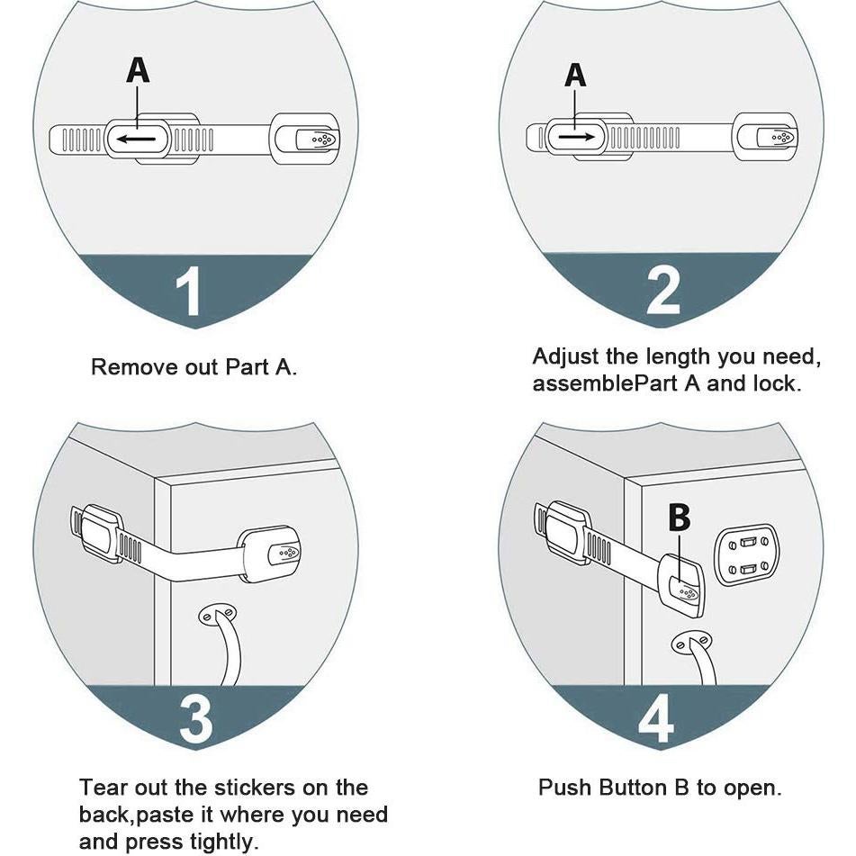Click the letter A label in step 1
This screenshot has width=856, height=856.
(137, 70)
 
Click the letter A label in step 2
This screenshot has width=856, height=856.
(575, 76)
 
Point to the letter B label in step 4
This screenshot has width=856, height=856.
(680, 518)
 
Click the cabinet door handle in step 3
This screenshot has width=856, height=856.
(221, 644)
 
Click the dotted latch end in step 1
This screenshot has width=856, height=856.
(318, 140)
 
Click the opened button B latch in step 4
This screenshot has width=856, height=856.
(686, 585)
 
